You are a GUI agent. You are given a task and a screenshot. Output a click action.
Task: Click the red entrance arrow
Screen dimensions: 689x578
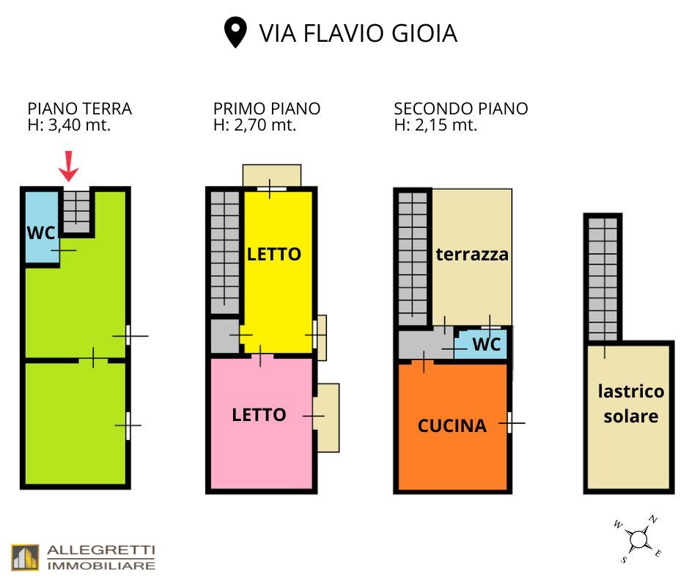coord(69,166)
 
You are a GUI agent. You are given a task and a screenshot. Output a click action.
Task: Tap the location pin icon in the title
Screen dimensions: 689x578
coord(235,32)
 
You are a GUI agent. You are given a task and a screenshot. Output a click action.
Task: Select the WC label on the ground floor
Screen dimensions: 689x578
coord(41,233)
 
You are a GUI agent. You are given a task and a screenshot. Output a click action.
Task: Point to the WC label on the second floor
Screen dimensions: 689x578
coord(487,344)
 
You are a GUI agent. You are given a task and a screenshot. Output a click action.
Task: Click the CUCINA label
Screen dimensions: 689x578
coord(452,426)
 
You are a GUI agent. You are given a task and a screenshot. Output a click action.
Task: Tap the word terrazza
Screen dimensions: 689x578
coord(472,255)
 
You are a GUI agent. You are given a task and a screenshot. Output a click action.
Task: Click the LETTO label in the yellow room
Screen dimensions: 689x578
coord(273,255)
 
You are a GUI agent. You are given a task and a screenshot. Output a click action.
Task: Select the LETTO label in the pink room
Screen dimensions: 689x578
coord(259,415)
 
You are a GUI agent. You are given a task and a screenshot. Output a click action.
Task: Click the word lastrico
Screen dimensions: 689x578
coord(631,391)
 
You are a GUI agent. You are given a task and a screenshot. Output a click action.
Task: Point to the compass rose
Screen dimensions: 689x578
coord(638,539)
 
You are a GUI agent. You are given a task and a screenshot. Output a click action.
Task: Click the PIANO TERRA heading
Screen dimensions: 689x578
coord(80,109)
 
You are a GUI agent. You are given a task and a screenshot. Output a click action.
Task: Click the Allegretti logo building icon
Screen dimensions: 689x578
coord(26,557)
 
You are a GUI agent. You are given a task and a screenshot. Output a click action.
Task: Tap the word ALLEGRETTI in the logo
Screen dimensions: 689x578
coord(101,550)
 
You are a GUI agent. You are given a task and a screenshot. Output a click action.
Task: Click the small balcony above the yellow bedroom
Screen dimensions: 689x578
coord(272,175)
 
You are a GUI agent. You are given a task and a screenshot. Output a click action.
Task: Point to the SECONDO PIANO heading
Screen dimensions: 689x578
coord(461,109)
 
